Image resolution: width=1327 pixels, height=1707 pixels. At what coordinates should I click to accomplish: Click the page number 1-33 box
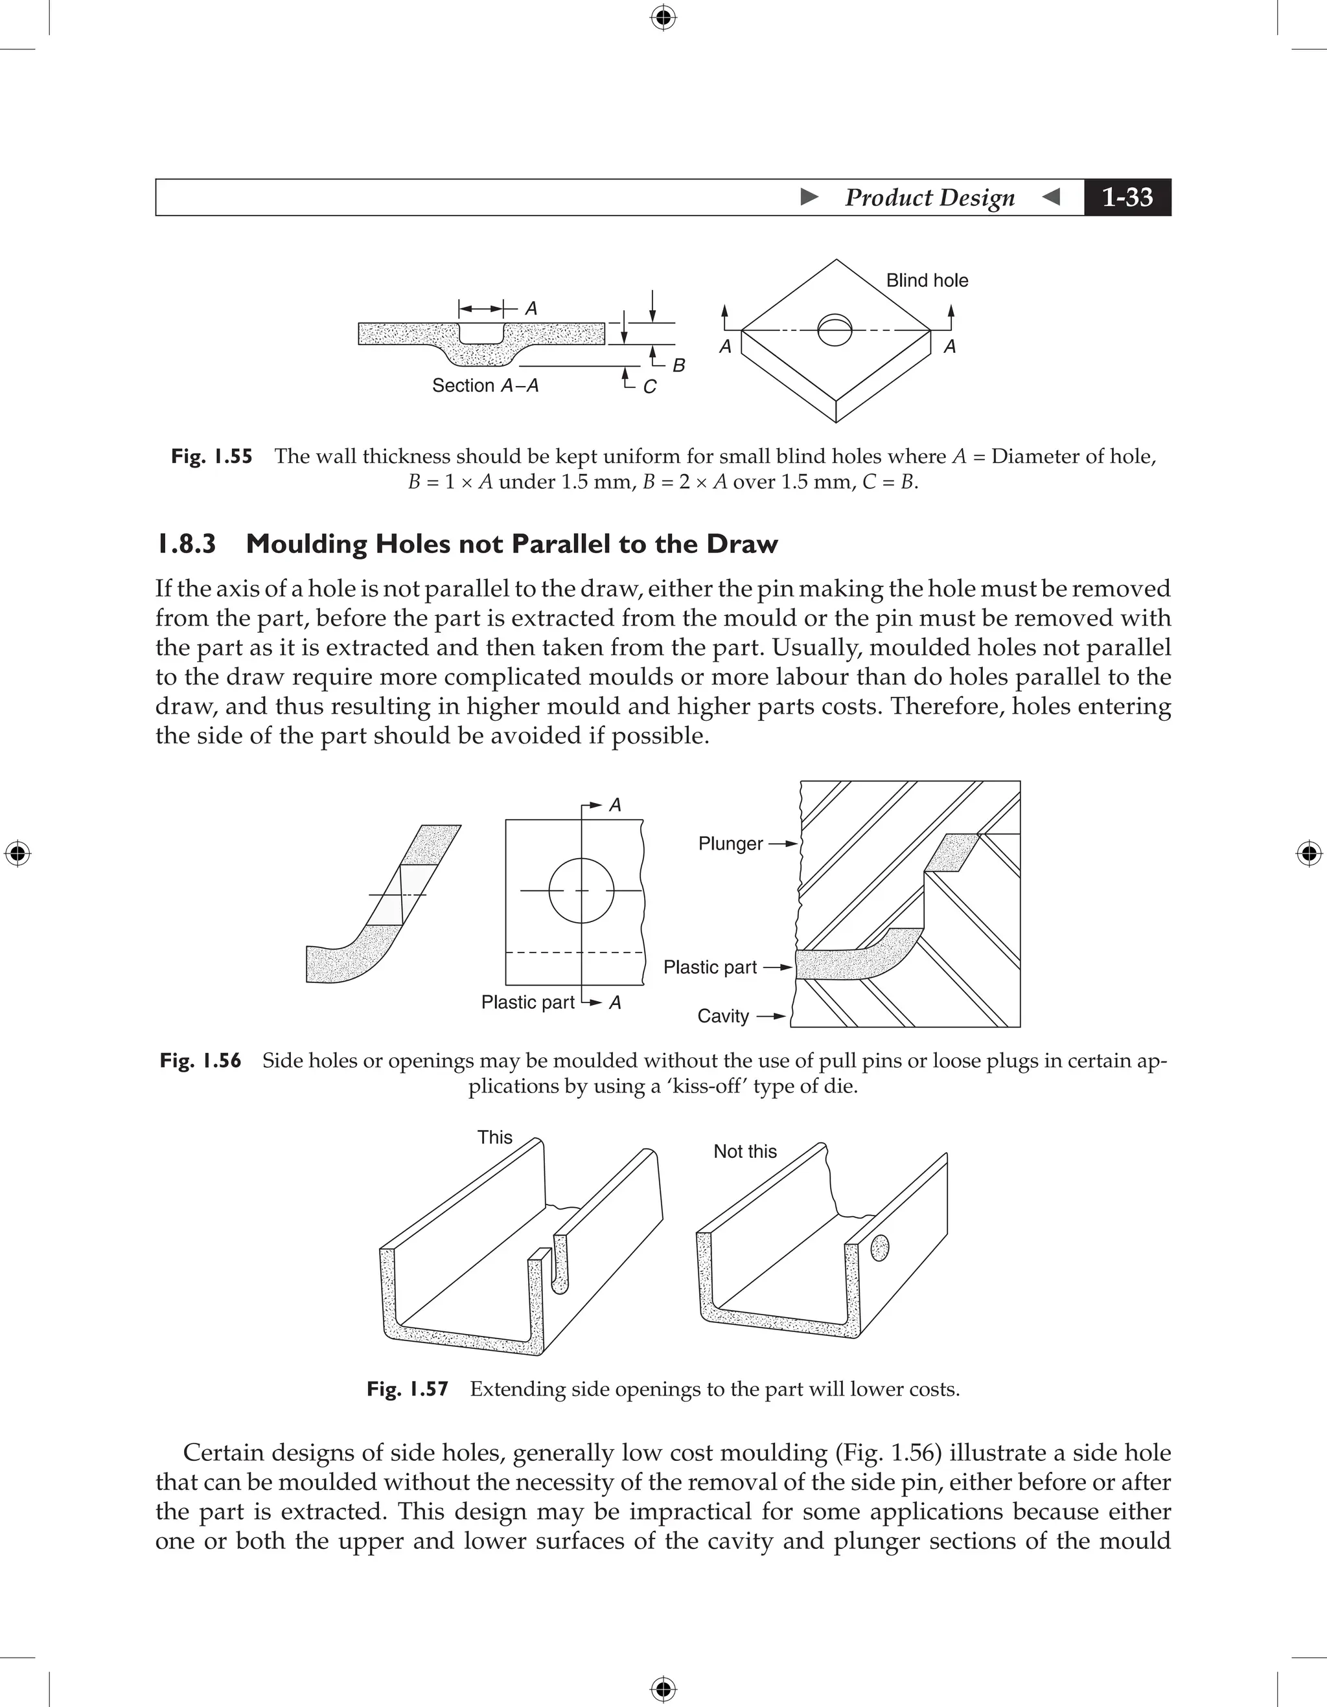[x=1127, y=197]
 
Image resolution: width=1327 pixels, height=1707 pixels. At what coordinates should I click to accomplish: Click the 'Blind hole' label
[x=927, y=280]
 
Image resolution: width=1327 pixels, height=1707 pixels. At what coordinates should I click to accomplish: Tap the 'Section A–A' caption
[x=485, y=385]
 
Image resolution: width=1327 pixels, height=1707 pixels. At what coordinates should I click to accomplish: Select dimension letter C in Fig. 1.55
[x=649, y=387]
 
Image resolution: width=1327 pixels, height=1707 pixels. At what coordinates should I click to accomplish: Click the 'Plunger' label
[x=730, y=843]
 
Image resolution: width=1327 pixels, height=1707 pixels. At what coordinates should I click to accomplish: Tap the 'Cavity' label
[x=722, y=1016]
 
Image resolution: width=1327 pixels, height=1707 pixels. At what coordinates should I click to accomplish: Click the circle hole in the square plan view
[x=581, y=890]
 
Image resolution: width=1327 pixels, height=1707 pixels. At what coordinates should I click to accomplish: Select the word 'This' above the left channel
[x=495, y=1137]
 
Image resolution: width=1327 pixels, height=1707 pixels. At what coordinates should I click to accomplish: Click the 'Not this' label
[x=744, y=1151]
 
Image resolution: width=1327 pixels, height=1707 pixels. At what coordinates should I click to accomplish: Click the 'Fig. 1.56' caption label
[x=200, y=1061]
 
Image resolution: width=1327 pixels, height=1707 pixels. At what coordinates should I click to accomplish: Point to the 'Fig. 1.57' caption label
[x=408, y=1389]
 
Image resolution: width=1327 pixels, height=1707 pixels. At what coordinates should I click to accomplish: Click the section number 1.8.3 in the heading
[x=186, y=544]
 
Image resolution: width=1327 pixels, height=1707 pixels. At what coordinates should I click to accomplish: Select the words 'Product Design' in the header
[x=929, y=197]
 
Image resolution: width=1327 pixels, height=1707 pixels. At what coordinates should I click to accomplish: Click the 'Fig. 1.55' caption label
[x=211, y=457]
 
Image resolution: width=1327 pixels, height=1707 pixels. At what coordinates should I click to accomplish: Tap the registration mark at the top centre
[x=663, y=17]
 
